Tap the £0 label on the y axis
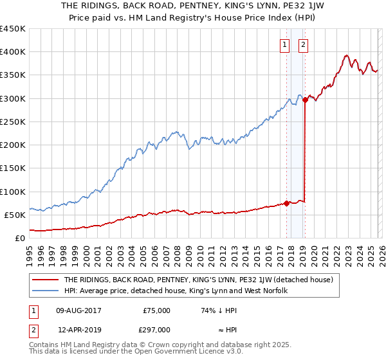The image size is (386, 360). (21, 239)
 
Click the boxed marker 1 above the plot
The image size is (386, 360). (284, 45)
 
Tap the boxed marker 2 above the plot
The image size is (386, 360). (303, 45)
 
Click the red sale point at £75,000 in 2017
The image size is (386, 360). (286, 203)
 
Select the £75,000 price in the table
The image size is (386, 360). (156, 310)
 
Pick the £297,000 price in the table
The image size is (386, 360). (156, 330)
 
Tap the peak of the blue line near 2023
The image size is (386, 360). (346, 55)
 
